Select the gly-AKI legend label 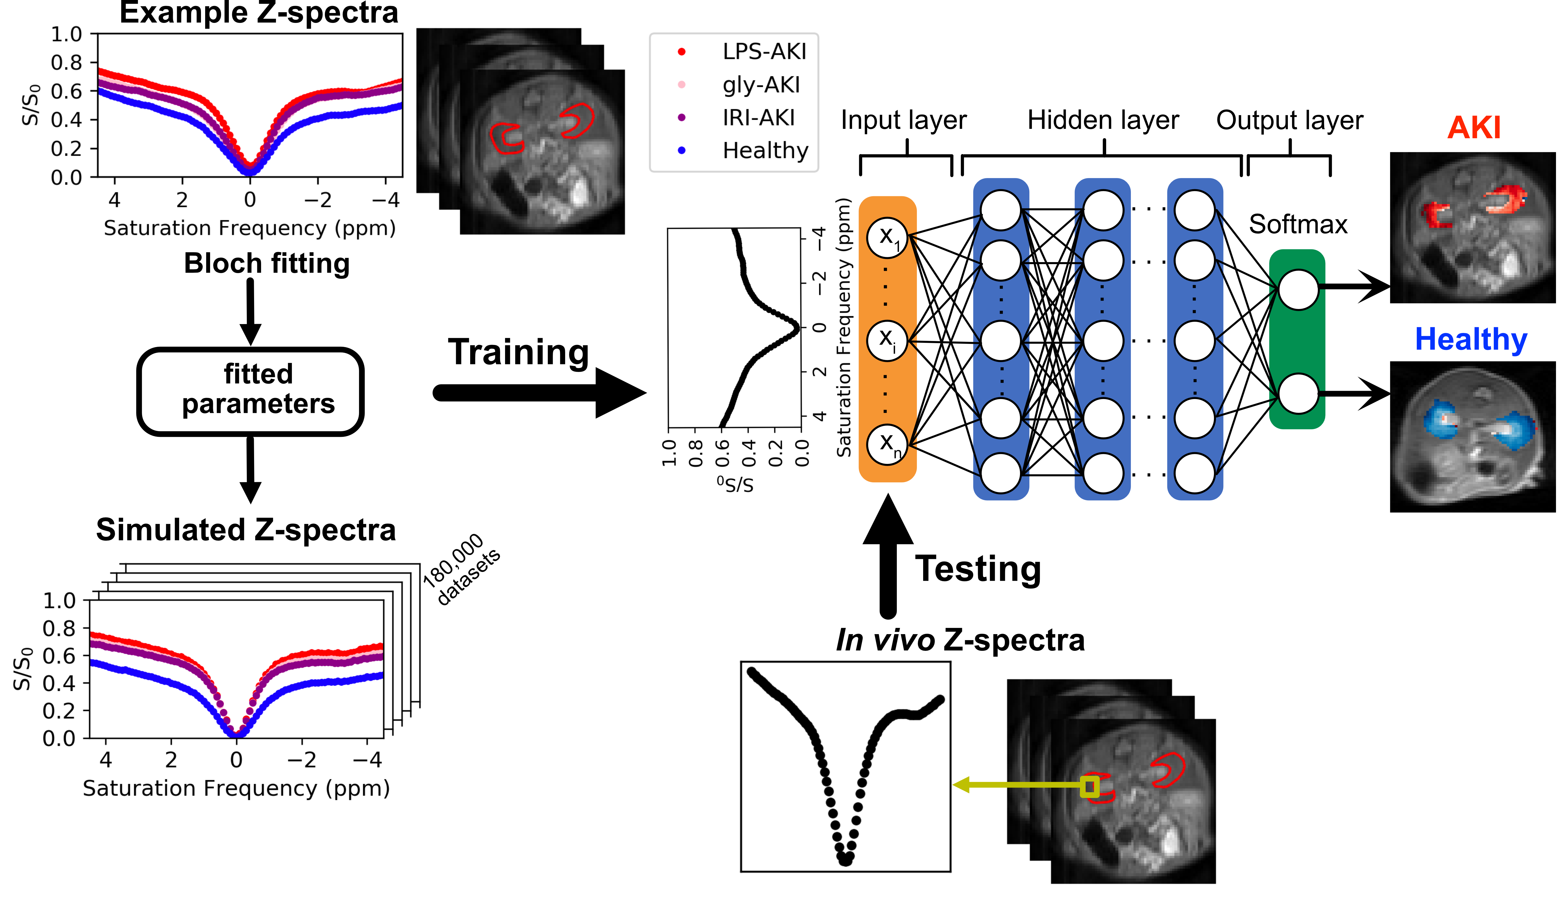click(761, 85)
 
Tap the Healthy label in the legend click(766, 150)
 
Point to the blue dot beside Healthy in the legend click(681, 150)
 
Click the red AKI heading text click(1474, 128)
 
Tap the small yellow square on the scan click(1090, 787)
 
